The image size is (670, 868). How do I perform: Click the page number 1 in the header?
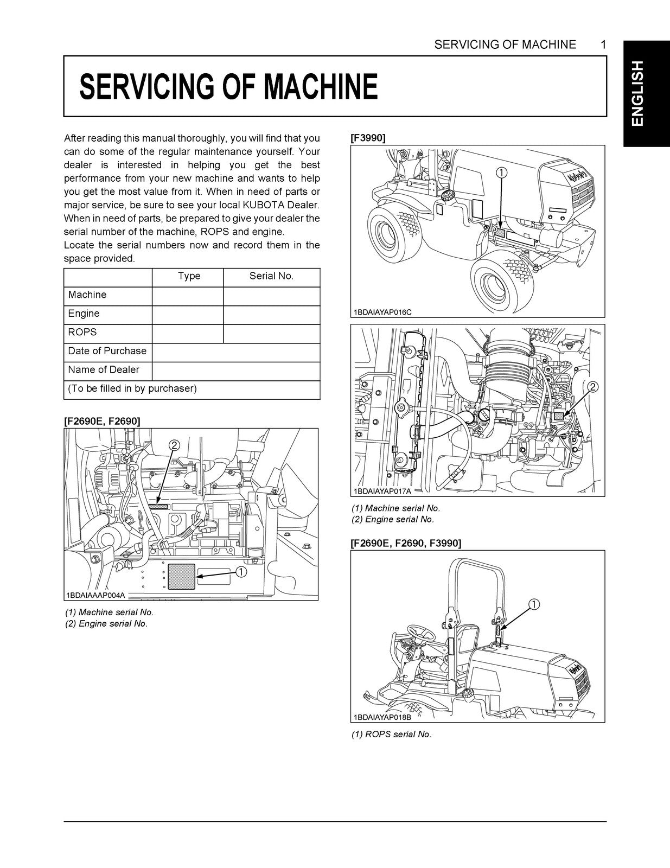(x=603, y=45)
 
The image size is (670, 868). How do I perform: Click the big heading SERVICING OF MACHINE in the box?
(x=228, y=87)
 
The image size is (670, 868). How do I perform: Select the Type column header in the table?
(x=189, y=276)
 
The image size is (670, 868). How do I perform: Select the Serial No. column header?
(x=271, y=276)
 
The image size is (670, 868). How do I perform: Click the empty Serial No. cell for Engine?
(x=271, y=314)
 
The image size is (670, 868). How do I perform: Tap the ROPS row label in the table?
(x=82, y=333)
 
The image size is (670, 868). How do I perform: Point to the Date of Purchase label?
(x=107, y=351)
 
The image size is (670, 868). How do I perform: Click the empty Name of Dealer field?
(x=235, y=371)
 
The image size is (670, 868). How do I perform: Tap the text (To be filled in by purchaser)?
(x=132, y=388)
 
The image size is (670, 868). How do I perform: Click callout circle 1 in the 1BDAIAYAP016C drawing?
(x=502, y=173)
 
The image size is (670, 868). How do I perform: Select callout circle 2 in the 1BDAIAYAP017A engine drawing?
(x=592, y=387)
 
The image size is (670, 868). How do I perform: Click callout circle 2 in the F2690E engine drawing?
(x=174, y=445)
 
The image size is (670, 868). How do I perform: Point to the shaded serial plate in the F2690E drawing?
(x=181, y=576)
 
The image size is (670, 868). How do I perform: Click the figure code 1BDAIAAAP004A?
(x=95, y=595)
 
